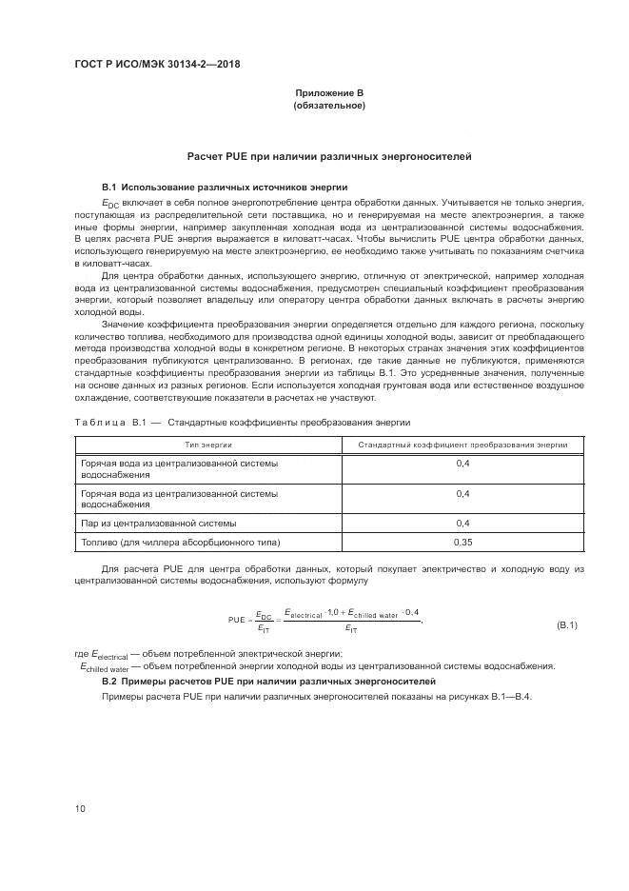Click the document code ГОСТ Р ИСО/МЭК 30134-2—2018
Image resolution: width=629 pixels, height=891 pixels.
coord(157,65)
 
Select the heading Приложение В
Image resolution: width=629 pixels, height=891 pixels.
coord(328,92)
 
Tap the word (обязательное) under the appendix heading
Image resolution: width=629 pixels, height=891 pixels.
coord(328,105)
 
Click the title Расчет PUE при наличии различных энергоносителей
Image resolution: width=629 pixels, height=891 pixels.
coord(328,156)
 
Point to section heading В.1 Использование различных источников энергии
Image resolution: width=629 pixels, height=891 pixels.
coord(225,187)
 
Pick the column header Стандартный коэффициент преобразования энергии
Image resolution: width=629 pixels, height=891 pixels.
coord(462,445)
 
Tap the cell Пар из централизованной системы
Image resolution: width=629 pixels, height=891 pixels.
coord(159,523)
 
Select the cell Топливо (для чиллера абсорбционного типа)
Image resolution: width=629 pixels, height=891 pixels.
coord(181,542)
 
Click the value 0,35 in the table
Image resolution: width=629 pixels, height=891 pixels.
coord(462,542)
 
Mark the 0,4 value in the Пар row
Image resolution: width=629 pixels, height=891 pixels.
coord(462,523)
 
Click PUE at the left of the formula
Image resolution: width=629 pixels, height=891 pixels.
coord(237,620)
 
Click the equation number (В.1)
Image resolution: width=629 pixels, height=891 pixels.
coord(567,624)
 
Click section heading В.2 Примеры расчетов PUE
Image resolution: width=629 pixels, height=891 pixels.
coord(268,682)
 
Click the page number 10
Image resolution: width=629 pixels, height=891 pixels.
coord(80,809)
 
